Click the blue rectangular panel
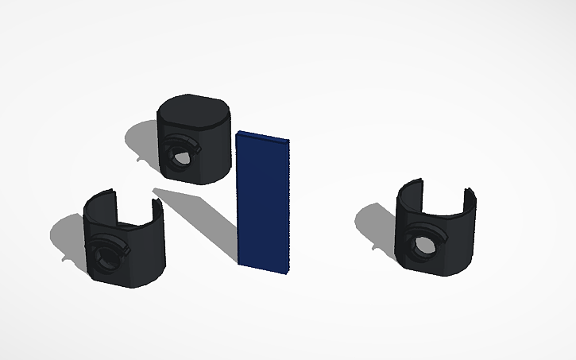[263, 203]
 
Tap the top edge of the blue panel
[262, 136]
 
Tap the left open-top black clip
[123, 242]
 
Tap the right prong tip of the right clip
[470, 193]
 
